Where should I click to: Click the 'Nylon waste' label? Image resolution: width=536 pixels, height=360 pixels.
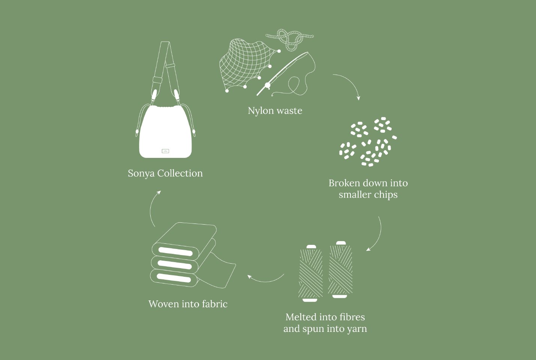click(x=275, y=111)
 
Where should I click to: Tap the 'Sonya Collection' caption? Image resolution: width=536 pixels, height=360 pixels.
click(x=165, y=173)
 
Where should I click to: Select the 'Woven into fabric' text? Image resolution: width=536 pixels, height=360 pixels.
click(x=188, y=304)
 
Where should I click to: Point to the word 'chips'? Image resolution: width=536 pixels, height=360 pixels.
click(x=386, y=195)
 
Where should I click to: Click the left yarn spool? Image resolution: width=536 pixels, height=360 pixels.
click(x=311, y=273)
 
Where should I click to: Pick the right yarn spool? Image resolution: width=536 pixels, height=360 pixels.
click(x=340, y=270)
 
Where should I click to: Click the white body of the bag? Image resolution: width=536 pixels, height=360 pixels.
click(x=165, y=132)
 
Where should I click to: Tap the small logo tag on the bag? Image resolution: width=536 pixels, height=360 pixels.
click(x=165, y=151)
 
